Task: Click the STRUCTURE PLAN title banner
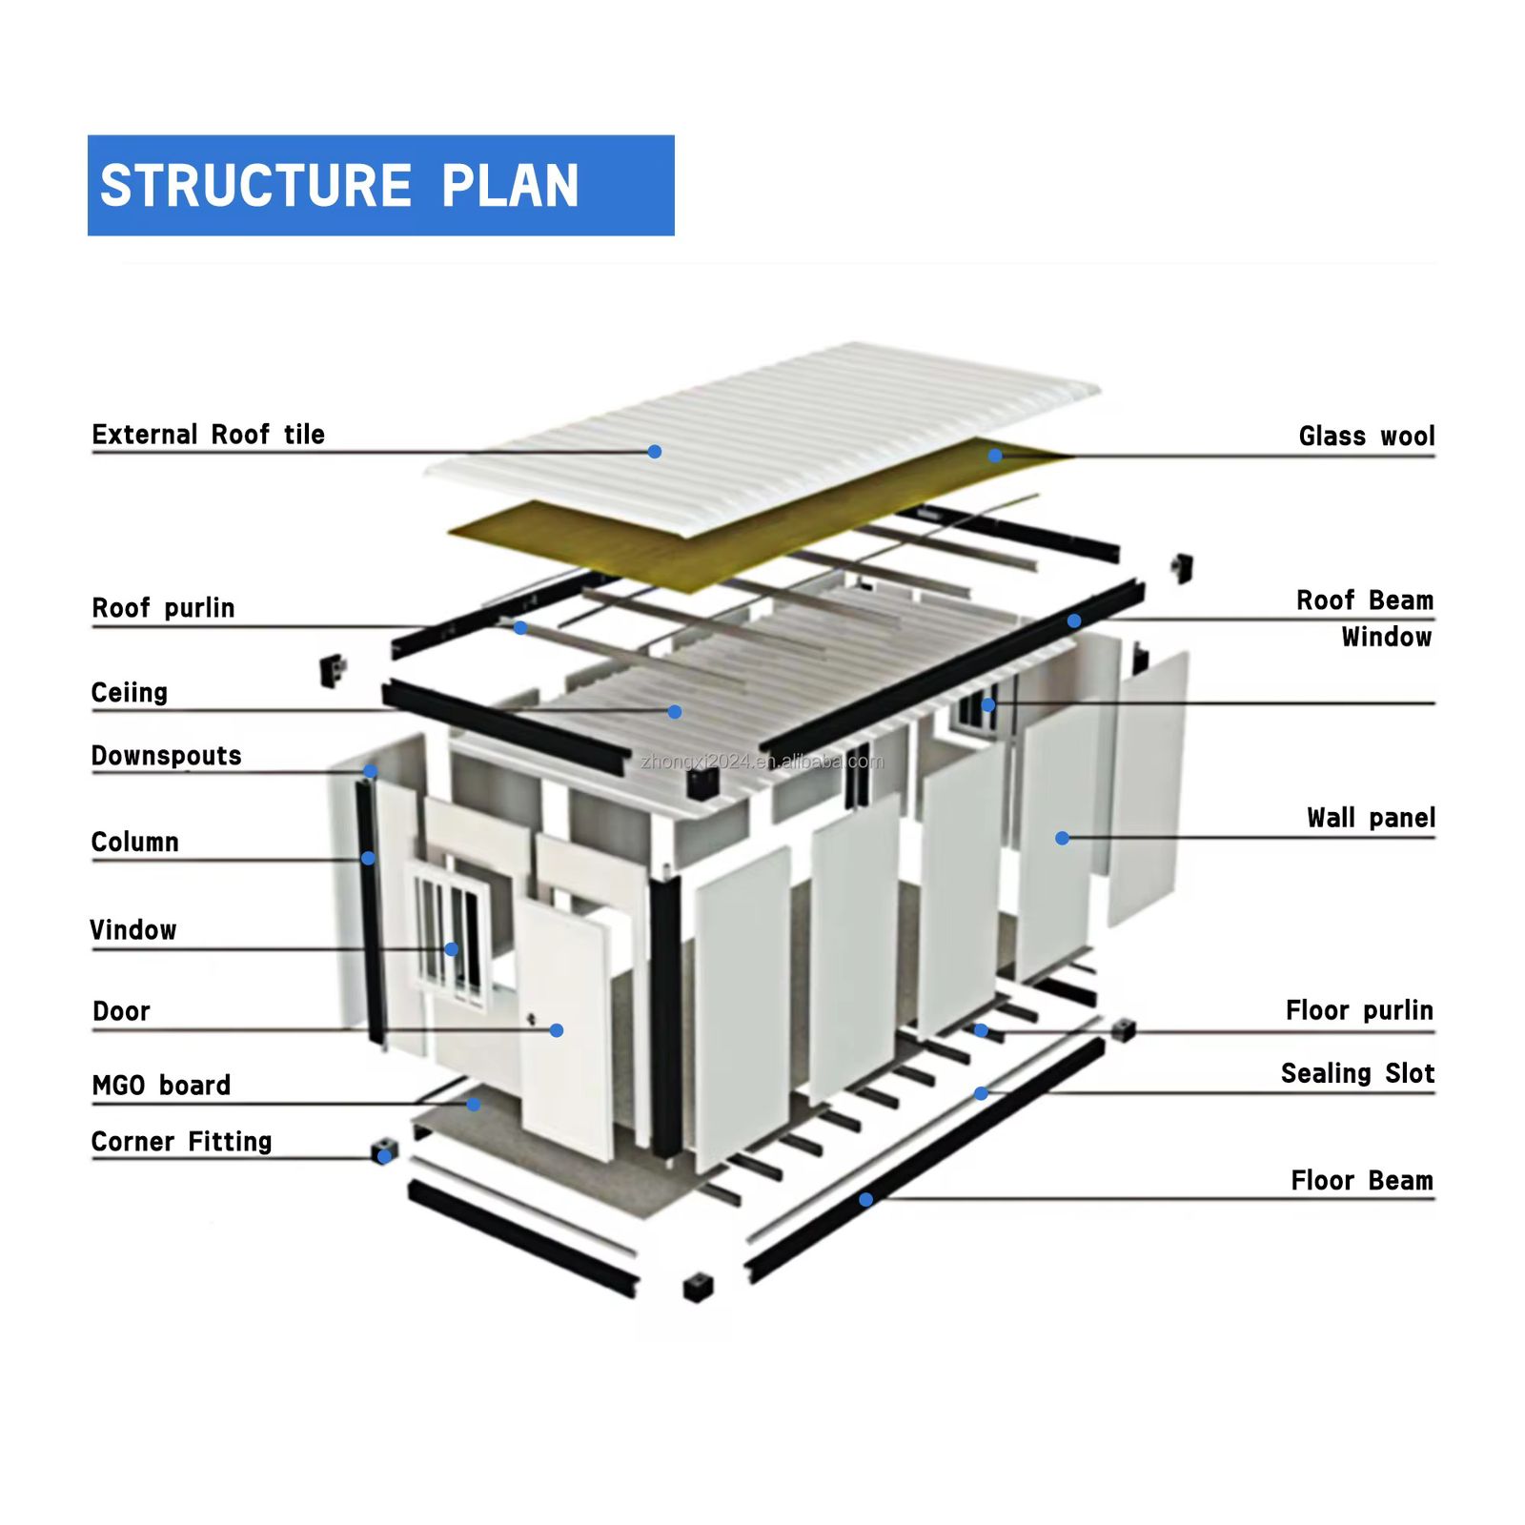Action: [380, 185]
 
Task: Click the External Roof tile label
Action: [208, 435]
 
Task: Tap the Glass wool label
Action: [1366, 437]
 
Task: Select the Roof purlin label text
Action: [163, 608]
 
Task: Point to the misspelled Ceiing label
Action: [129, 693]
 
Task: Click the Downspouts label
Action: [166, 756]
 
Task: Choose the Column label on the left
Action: [134, 843]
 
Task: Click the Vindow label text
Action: [132, 930]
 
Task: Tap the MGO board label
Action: [161, 1086]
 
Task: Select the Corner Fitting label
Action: [181, 1142]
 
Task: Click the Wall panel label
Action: [1371, 818]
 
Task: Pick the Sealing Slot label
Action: [1357, 1074]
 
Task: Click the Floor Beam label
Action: [1362, 1181]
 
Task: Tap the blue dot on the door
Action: [557, 1030]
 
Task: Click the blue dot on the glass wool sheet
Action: [995, 456]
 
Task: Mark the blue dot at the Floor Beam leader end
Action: [865, 1199]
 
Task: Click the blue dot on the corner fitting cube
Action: [383, 1157]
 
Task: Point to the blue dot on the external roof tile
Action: [655, 452]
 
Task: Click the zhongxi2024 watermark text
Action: [762, 762]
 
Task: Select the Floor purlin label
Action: [1359, 1010]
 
